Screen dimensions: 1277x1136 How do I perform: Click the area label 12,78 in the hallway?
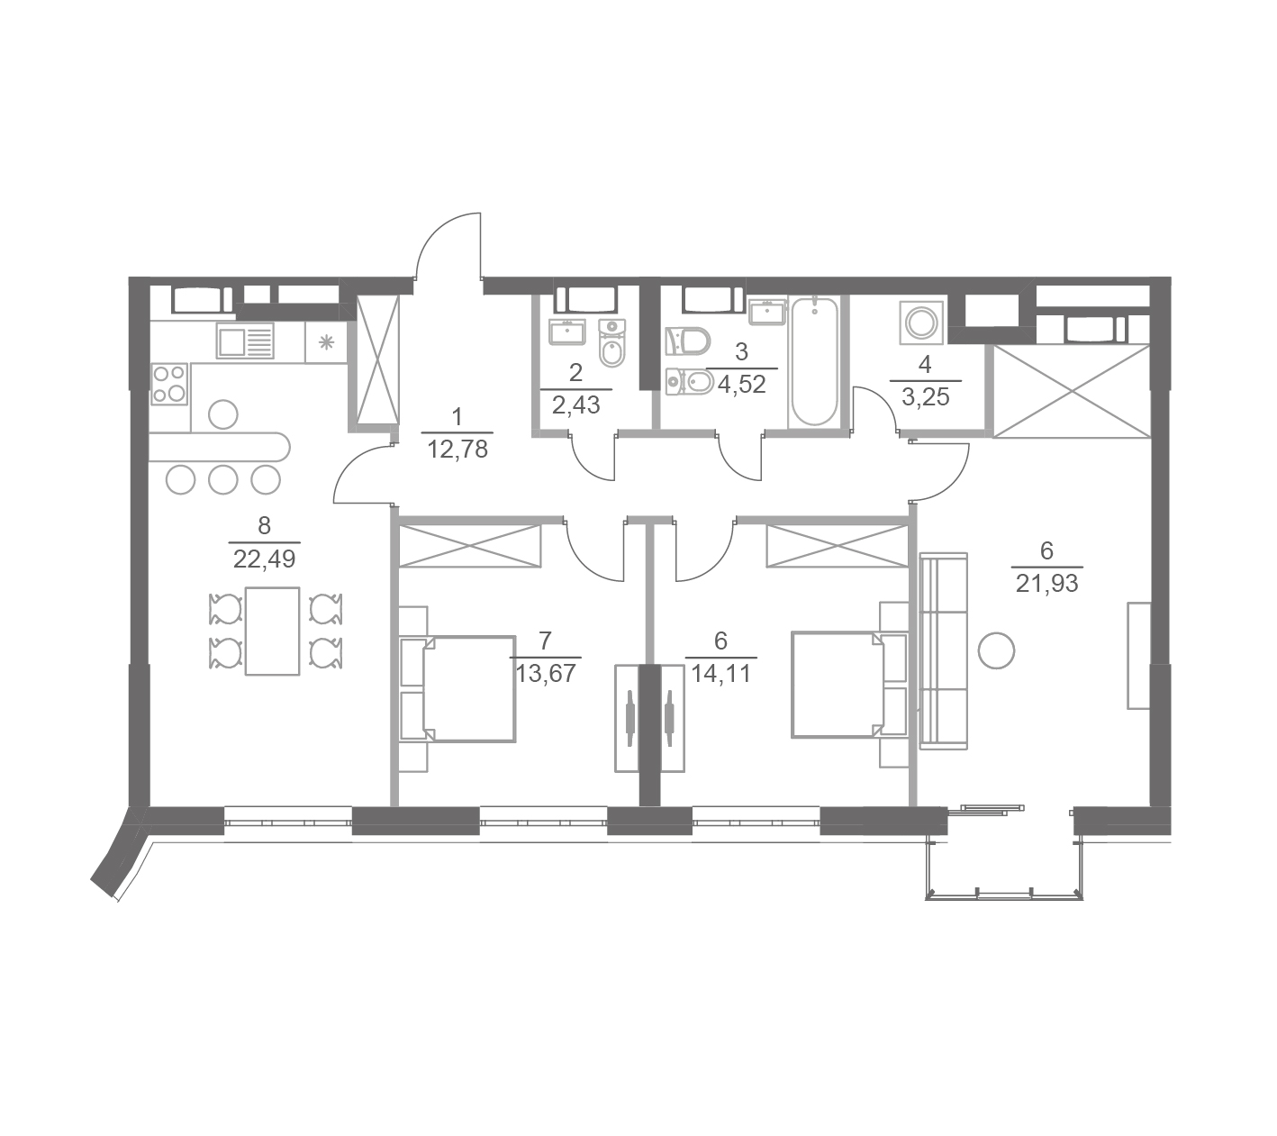457,450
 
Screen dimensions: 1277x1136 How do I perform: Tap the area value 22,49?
264,559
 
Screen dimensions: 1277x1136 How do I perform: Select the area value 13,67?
546,674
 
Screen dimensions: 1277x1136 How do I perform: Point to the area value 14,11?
721,675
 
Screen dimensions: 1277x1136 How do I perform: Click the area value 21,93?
1047,584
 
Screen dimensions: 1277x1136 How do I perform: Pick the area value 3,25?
925,398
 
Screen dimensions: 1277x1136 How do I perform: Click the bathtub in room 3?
814,361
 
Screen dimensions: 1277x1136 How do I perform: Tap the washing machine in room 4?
922,323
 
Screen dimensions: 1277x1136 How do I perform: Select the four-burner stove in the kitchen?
169,384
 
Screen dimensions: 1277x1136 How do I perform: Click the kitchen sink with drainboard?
245,341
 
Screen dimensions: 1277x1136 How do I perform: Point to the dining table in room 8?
272,631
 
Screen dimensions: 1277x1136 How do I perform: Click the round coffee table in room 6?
996,650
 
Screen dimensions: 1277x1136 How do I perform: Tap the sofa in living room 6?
943,651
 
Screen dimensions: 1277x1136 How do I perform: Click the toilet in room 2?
611,343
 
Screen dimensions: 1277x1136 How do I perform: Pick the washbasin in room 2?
567,332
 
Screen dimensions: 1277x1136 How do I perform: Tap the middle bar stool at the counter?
222,480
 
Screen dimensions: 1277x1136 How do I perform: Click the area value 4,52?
742,384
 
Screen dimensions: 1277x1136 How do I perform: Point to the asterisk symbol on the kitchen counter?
326,343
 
